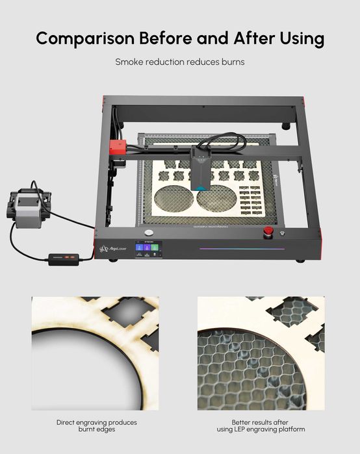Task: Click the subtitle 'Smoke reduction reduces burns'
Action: [x=179, y=62]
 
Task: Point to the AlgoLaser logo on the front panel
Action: [x=113, y=249]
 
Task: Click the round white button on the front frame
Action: [x=149, y=233]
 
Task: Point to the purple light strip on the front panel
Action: [x=237, y=247]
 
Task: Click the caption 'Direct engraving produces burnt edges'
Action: [x=96, y=426]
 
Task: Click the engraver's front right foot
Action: [x=300, y=261]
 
